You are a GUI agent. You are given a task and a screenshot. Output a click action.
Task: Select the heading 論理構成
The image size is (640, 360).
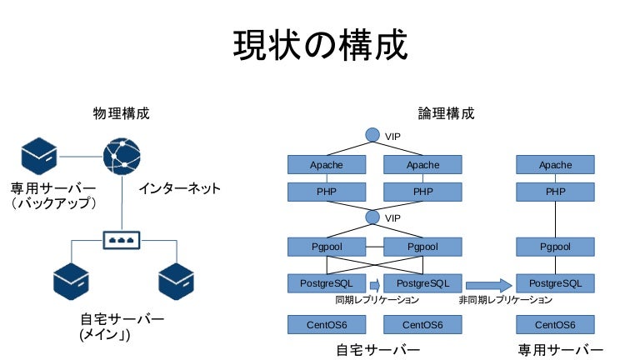point(446,112)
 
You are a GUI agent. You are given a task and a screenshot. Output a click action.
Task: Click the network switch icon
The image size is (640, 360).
point(122,238)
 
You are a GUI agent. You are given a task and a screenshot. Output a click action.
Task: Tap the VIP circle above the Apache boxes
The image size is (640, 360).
point(372,135)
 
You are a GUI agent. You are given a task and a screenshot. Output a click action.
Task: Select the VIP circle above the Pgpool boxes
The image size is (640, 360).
point(372,217)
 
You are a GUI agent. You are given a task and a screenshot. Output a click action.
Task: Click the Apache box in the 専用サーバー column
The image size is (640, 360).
point(555,165)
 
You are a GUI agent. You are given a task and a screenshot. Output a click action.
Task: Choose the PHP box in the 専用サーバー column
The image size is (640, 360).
point(555,192)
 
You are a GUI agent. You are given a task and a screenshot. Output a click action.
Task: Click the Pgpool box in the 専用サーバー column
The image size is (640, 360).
point(555,247)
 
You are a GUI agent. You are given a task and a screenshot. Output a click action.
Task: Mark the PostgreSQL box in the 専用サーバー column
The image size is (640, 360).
point(555,283)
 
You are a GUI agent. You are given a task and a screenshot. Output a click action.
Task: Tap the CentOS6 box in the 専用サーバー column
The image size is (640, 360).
point(555,324)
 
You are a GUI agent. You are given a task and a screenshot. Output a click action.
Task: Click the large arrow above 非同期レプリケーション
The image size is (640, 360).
point(488,283)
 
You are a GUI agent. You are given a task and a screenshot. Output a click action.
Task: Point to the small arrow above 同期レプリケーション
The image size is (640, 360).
point(374,283)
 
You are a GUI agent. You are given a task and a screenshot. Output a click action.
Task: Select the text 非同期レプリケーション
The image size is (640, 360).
point(505,300)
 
